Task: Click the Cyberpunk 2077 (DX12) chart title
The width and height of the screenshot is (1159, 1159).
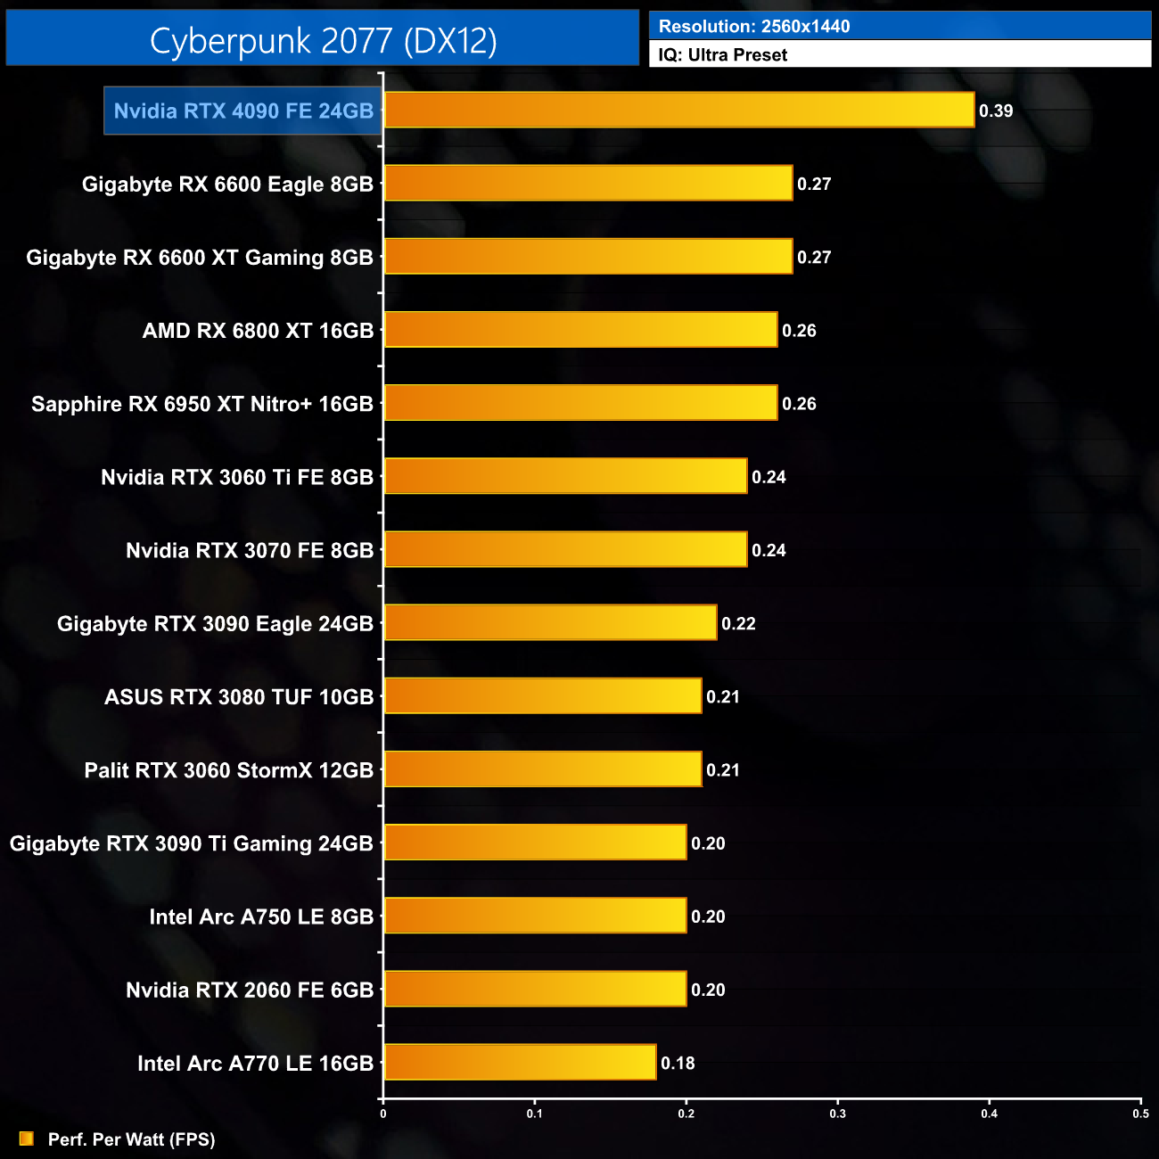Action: pos(323,40)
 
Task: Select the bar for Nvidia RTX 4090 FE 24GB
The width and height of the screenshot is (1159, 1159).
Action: pos(678,111)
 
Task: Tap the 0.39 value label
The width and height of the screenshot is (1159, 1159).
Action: pos(996,111)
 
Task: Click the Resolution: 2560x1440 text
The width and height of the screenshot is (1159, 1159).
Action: pos(754,27)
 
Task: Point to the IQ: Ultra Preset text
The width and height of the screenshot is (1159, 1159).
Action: pos(722,55)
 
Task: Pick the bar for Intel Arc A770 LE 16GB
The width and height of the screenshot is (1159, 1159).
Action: pos(520,1063)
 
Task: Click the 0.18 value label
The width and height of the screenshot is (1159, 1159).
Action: pos(678,1064)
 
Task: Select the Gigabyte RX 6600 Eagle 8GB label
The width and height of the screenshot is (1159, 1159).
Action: pos(227,185)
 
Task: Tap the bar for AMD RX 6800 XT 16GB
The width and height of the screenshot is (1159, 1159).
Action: pos(580,330)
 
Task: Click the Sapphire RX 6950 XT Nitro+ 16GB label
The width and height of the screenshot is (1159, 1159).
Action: pos(202,404)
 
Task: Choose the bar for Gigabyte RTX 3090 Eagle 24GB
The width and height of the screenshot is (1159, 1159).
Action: pos(550,623)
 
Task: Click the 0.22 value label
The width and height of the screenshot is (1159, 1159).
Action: pos(738,624)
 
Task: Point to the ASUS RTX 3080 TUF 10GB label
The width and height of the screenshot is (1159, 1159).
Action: pos(239,697)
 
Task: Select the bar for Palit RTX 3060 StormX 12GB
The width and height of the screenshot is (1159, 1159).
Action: pos(542,769)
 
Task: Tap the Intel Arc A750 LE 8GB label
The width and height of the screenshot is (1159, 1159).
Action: pos(261,917)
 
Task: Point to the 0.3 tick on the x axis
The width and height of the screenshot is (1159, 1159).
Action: pos(838,1114)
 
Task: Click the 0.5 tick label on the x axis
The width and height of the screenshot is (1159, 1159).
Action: pos(1140,1114)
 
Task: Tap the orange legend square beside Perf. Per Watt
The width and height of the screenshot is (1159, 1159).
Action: pos(27,1138)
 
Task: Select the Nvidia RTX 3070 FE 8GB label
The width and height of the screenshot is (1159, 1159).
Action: pos(250,551)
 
